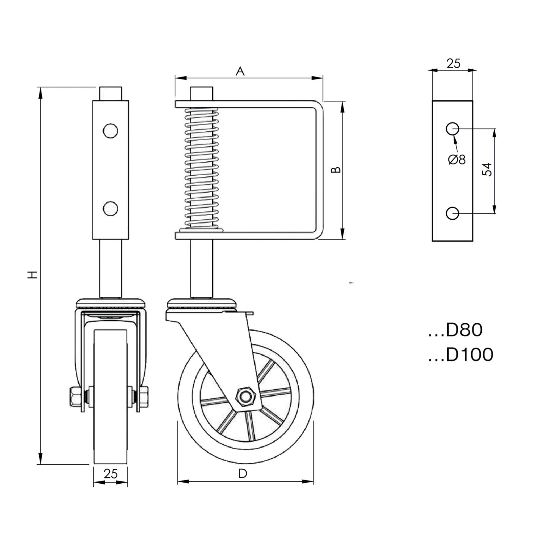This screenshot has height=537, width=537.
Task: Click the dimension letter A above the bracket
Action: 240,71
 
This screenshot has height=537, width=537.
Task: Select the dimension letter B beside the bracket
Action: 336,170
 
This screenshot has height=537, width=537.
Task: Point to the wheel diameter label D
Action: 242,474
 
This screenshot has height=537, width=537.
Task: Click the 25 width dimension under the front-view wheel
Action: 110,474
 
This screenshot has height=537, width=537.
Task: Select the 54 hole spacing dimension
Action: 487,169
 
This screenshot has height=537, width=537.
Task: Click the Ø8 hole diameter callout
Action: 457,159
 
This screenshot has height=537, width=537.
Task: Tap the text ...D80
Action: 455,330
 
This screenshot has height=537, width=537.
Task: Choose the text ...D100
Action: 461,355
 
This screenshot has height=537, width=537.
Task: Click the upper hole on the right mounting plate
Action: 452,129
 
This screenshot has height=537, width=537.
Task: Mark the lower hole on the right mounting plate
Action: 452,213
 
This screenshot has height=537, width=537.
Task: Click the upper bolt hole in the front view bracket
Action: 111,131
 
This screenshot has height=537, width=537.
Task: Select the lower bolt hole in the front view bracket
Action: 111,208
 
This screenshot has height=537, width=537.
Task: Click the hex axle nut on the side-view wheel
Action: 245,396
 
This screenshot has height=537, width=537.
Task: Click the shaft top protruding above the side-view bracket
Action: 202,93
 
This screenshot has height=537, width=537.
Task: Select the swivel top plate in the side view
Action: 202,302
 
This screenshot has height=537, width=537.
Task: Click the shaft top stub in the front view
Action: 110,93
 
